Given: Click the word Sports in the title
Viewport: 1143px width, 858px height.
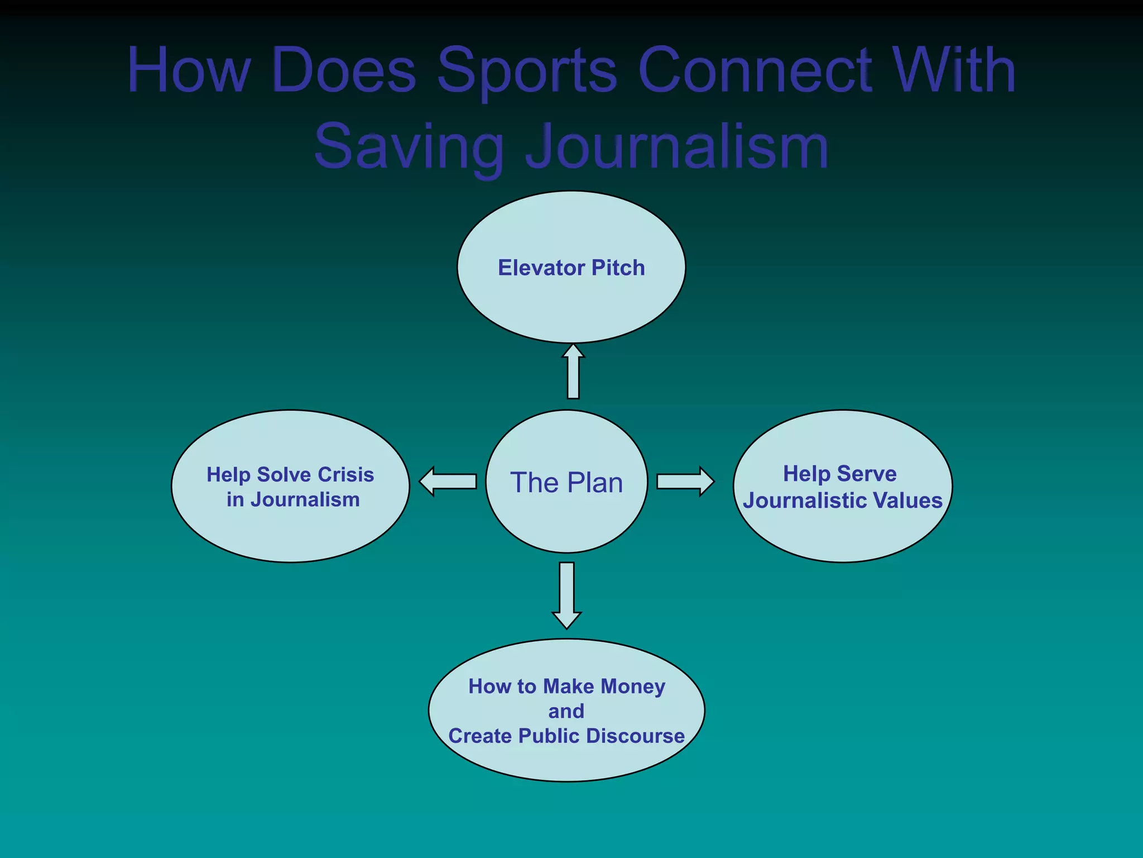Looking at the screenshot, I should [527, 71].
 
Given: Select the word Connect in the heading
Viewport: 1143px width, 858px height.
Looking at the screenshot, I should [755, 70].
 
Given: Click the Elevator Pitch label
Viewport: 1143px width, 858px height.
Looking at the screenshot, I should [571, 268].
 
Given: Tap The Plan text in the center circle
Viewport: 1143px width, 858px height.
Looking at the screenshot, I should [566, 483].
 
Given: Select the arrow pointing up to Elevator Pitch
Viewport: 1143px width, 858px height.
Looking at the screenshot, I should [573, 371].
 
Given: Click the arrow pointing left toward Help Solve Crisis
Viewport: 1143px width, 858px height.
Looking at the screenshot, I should [448, 482].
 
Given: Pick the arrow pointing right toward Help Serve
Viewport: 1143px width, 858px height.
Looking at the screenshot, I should [685, 482].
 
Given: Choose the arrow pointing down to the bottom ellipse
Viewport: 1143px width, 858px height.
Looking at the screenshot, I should [566, 595].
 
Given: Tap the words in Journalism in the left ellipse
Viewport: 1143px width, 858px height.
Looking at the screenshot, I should [293, 500].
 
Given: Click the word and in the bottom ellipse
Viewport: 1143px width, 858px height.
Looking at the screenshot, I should [566, 711].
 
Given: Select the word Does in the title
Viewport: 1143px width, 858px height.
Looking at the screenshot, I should [344, 70].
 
